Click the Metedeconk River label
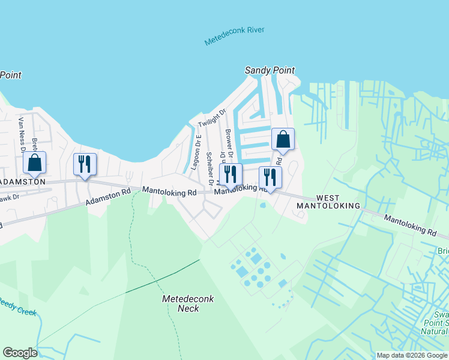[x=234, y=37]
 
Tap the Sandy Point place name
[x=270, y=70]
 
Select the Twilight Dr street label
[x=212, y=118]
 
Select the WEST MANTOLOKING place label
[x=329, y=202]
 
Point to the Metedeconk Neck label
[x=180, y=303]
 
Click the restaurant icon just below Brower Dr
[x=231, y=175]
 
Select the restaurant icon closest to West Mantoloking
[x=270, y=177]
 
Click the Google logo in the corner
[x=19, y=353]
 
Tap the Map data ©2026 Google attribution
[x=412, y=355]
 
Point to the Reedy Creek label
[x=18, y=307]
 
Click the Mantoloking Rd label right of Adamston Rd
[x=169, y=192]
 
